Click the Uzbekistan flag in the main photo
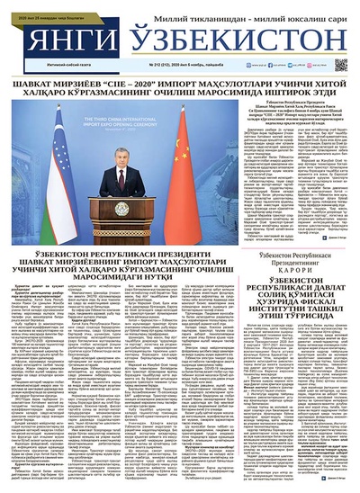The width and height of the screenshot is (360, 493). coord(61,162)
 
